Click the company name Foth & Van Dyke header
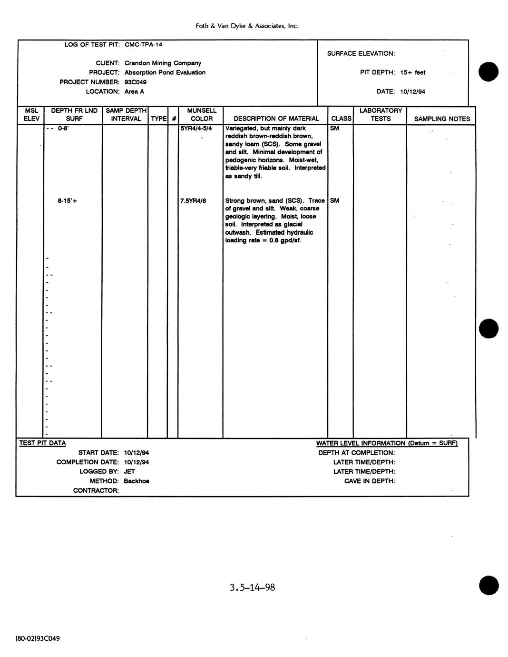coord(247,26)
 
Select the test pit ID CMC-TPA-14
coord(143,44)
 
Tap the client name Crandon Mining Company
coord(163,63)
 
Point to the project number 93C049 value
coord(136,82)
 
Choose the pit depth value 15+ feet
coord(413,72)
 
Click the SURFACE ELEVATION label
coord(361,53)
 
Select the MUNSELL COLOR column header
coord(202,115)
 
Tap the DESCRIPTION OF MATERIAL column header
coord(276,119)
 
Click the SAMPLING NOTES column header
coord(442,119)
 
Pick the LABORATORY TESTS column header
coord(381,115)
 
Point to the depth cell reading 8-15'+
coord(68,200)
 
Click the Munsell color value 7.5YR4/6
coord(193,200)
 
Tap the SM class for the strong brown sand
coord(335,200)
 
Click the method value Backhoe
coord(137,481)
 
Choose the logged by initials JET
coord(129,471)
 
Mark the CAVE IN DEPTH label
coord(370,481)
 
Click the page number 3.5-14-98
coord(252,587)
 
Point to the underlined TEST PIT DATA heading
coord(42,443)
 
